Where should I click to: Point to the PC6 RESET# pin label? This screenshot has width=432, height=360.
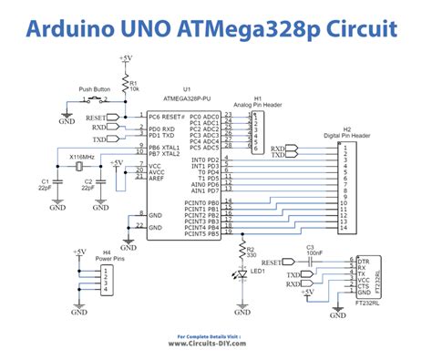point(167,118)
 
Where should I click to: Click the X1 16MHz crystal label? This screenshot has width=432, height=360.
point(82,157)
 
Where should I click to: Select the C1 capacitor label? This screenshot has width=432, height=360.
point(46,185)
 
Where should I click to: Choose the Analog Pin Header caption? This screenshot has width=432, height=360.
point(258,106)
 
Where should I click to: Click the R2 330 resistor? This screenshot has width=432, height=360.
point(242,251)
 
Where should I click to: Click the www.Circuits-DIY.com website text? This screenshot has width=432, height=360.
point(215,344)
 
